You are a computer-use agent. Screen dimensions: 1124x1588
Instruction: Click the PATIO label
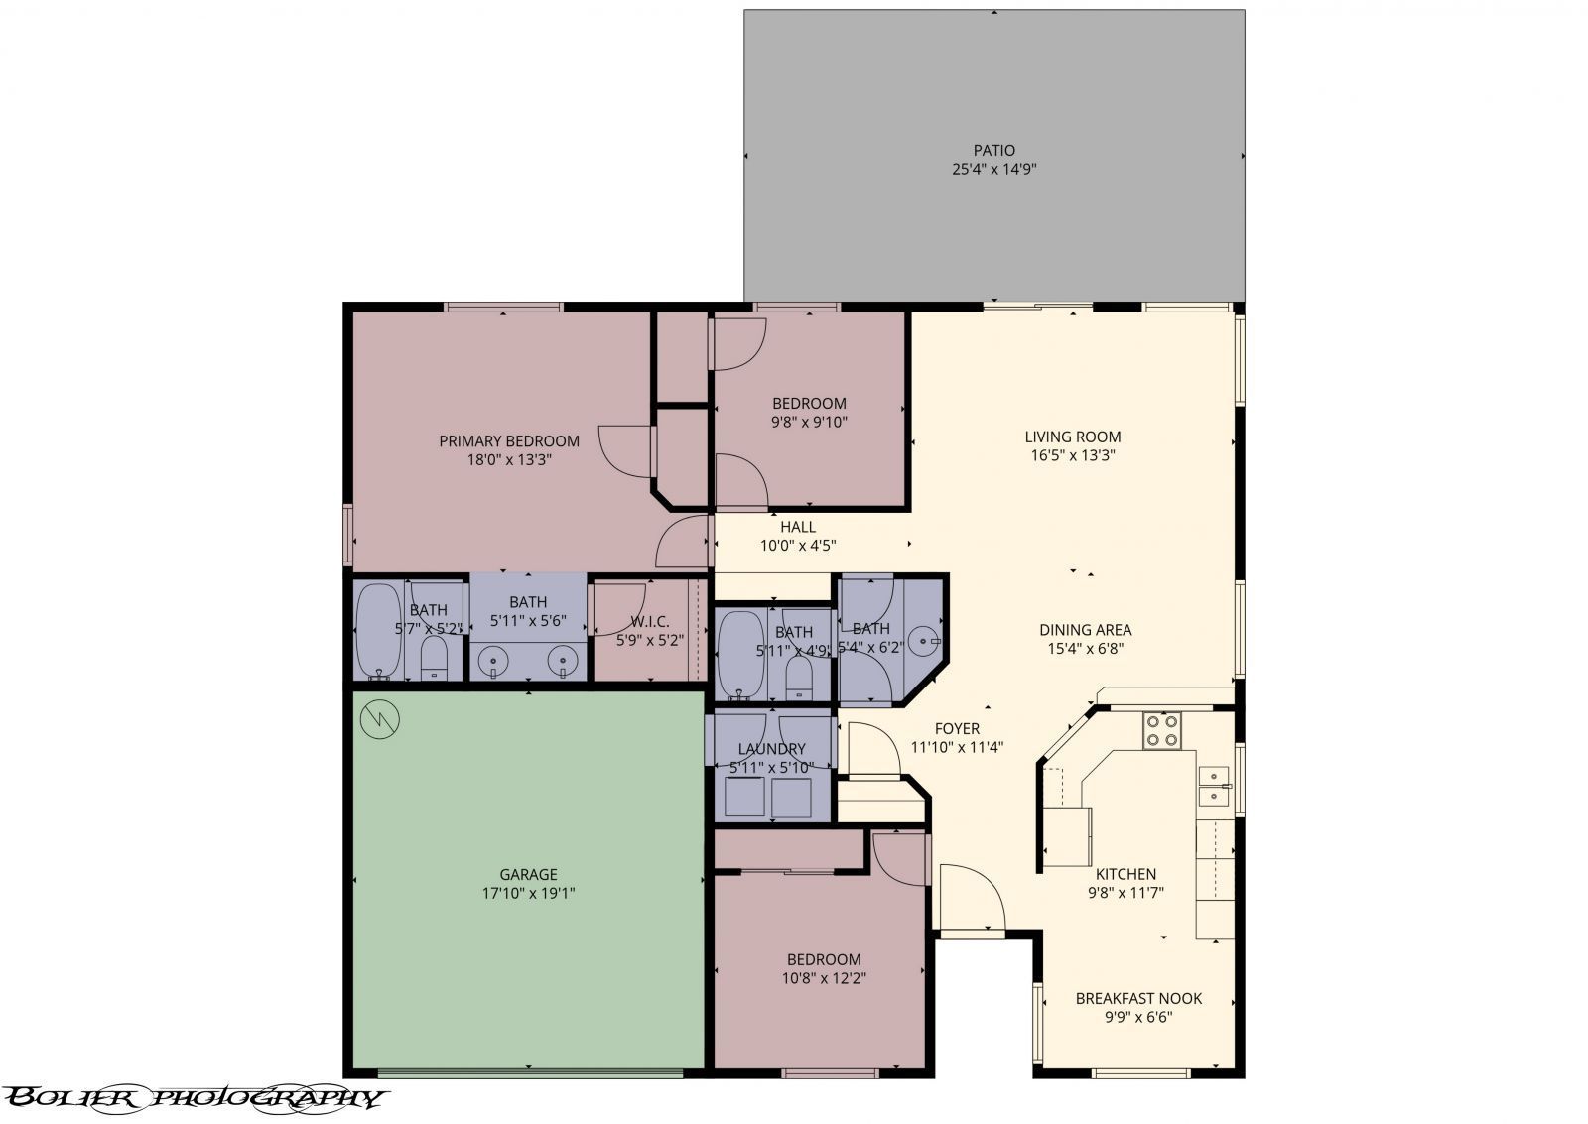(993, 151)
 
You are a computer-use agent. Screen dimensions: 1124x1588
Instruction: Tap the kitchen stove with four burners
(1162, 731)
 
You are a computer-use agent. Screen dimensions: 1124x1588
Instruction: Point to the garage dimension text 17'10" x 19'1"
(528, 893)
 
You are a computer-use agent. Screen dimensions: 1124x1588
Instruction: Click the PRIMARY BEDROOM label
(509, 441)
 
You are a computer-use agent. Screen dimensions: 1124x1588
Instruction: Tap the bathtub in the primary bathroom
(378, 631)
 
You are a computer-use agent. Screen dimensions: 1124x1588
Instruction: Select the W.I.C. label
(650, 622)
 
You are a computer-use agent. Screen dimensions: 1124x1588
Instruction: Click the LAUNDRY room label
(771, 749)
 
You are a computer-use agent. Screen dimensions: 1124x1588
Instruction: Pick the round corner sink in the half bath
(927, 642)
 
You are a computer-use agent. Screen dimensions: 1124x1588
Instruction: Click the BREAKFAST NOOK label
(1138, 998)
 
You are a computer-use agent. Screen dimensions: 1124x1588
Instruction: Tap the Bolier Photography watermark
(194, 1097)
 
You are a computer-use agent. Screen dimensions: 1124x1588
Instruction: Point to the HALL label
(798, 527)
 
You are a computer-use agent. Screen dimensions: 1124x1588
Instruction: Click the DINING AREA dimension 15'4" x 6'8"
(1085, 649)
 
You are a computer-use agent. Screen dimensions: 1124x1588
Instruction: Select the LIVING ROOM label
(1073, 437)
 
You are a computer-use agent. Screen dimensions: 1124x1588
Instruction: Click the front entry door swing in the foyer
(971, 898)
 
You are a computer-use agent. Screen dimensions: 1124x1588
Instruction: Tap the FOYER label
(957, 728)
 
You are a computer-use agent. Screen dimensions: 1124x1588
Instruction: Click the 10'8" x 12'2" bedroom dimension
(824, 978)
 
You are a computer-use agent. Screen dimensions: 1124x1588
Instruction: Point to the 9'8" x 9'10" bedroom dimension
(809, 422)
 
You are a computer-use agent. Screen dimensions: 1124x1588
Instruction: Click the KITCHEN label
(1125, 874)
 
